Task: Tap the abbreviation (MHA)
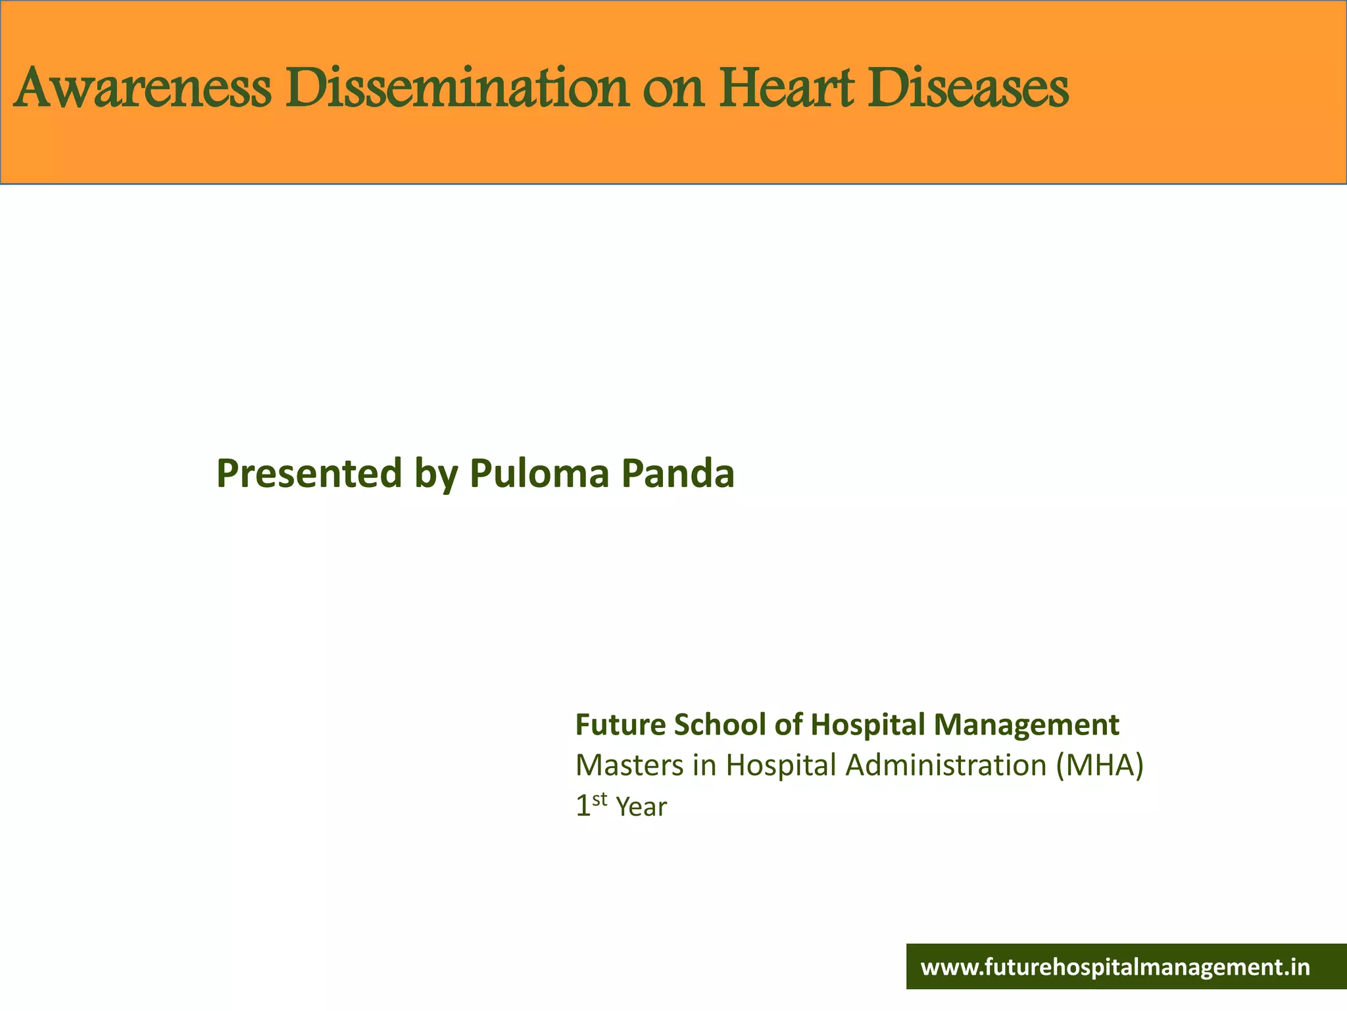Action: [1100, 765]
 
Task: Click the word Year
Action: [641, 808]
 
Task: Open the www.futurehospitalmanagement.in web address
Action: [1115, 968]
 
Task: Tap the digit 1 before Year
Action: [583, 807]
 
